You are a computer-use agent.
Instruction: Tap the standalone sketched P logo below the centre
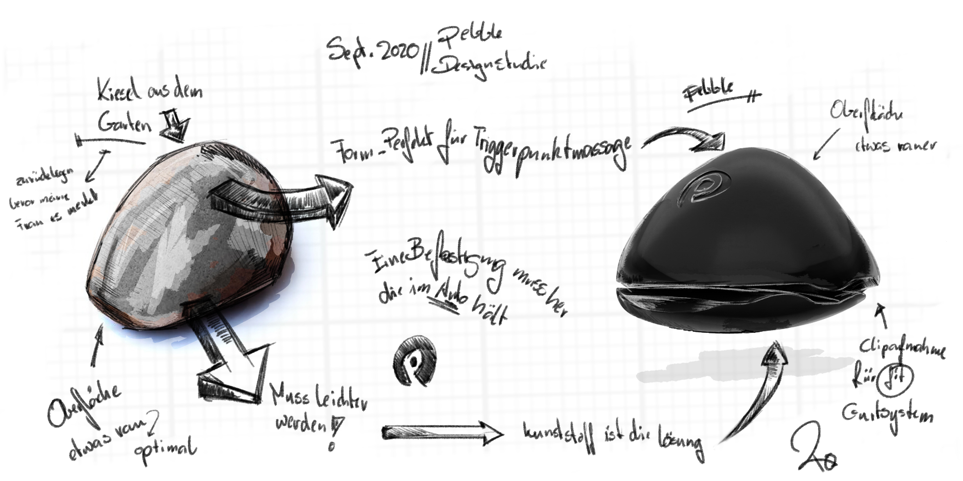(x=414, y=361)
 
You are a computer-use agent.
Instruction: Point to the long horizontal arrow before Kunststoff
(x=442, y=432)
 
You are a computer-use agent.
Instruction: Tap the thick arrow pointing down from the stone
(x=231, y=361)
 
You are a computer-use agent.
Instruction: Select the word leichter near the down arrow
(x=340, y=401)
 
